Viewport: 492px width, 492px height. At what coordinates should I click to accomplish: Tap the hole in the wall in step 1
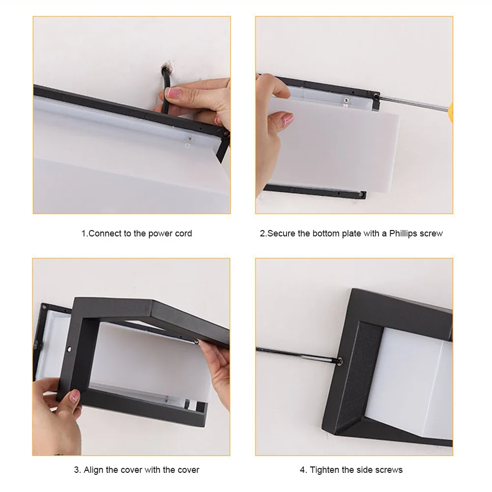click(x=166, y=66)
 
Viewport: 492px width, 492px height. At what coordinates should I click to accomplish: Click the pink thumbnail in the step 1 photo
click(x=173, y=92)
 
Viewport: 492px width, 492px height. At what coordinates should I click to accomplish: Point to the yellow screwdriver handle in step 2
click(x=451, y=112)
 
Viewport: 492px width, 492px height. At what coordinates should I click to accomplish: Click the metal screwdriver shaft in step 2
click(x=414, y=104)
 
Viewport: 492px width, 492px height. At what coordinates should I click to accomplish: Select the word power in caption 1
click(x=159, y=234)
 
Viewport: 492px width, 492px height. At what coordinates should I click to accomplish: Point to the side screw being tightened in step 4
click(x=339, y=361)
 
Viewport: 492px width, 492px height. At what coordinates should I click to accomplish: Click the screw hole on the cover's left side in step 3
click(x=69, y=348)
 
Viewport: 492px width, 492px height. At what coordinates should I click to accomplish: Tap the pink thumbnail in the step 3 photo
click(x=74, y=396)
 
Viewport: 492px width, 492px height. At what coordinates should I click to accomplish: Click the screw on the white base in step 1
click(x=189, y=139)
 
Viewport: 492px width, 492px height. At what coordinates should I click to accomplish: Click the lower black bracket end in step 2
click(x=362, y=195)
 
